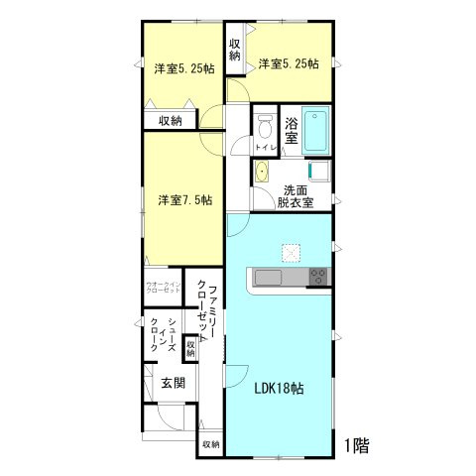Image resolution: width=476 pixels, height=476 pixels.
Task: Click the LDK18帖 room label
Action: click(x=280, y=388)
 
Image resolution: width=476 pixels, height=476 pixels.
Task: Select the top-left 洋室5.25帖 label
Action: click(x=184, y=69)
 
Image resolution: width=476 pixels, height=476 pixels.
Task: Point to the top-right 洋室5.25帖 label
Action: click(x=289, y=63)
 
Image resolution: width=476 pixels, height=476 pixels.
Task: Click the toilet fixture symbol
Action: click(x=264, y=127)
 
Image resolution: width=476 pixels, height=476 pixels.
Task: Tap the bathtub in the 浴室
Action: click(x=316, y=129)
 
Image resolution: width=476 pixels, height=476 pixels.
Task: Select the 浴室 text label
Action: click(x=292, y=131)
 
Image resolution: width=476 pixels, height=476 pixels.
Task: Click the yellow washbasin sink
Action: click(x=262, y=174)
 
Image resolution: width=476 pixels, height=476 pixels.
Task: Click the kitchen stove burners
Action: click(x=319, y=276)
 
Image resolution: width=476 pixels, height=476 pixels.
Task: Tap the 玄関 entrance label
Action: click(x=160, y=382)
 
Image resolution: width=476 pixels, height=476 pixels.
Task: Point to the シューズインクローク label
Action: click(x=163, y=334)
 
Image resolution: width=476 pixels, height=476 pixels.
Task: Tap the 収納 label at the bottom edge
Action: click(x=211, y=444)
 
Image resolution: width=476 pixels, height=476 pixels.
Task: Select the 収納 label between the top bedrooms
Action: click(x=235, y=50)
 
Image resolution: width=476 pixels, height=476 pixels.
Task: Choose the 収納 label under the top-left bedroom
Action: click(x=170, y=121)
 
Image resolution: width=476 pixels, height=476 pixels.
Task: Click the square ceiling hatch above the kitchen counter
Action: click(x=291, y=252)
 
